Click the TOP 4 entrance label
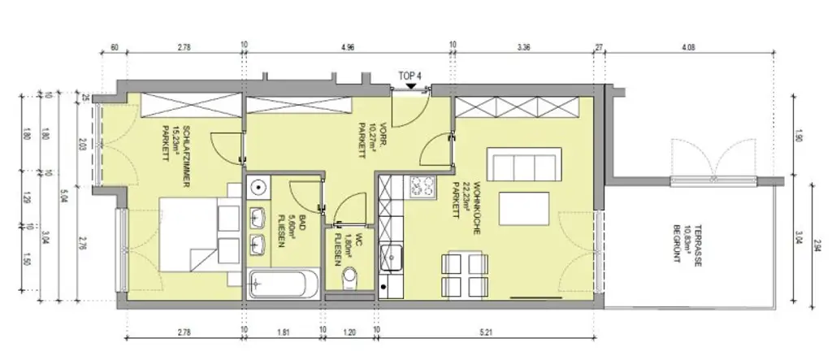click(410, 75)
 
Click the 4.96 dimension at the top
click(347, 47)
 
